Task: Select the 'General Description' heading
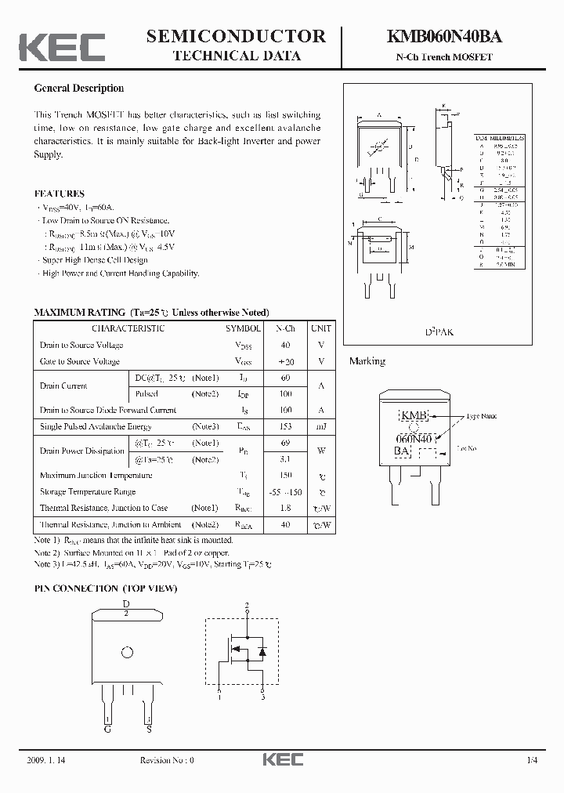point(78,89)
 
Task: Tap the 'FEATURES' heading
point(60,194)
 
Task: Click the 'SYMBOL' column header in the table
point(244,328)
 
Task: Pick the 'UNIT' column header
point(320,328)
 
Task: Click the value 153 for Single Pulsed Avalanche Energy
point(285,426)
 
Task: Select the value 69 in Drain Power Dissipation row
point(285,444)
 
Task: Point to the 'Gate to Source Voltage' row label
point(80,361)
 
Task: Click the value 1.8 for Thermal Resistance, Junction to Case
point(285,508)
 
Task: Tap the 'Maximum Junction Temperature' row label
point(96,476)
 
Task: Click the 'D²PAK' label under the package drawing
point(439,332)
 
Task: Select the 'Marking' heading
point(367,361)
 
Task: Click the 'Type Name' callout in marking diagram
point(482,416)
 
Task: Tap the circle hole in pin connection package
point(126,652)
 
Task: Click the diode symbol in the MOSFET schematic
point(262,652)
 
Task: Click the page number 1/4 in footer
point(533,761)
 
